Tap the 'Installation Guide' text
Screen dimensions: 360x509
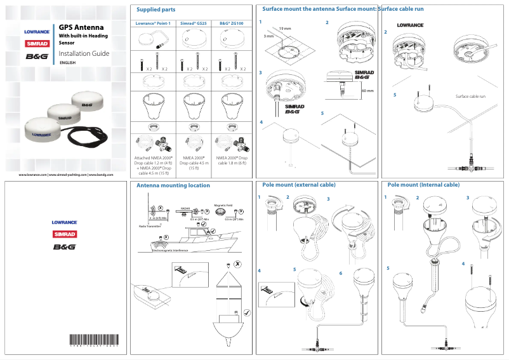click(84, 53)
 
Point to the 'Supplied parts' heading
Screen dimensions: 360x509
click(156, 10)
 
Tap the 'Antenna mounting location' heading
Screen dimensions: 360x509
click(173, 185)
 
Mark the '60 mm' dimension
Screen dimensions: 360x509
click(367, 91)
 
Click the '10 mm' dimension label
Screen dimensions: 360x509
click(285, 29)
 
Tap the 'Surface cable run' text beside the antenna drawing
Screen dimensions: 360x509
click(470, 96)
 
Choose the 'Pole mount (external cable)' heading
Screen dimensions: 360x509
click(299, 185)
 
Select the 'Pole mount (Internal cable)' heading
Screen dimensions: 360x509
click(423, 185)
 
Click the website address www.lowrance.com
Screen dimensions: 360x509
click(33, 174)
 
